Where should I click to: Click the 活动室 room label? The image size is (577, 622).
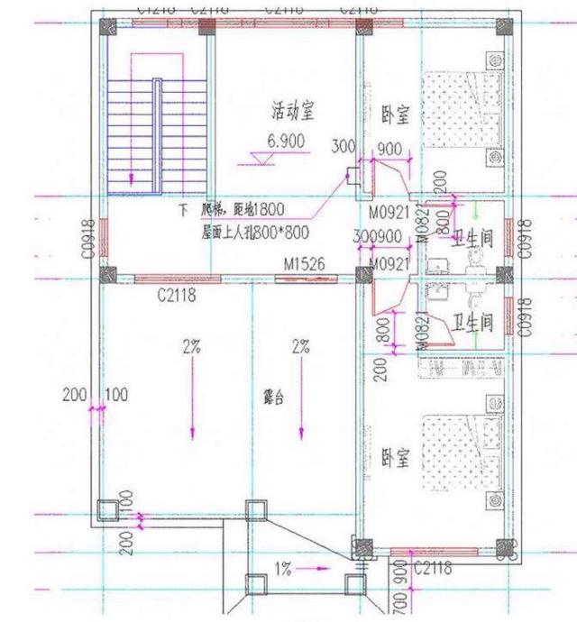[x=294, y=111]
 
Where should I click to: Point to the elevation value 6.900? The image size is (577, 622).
[x=286, y=141]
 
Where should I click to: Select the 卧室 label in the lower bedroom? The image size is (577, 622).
[x=394, y=459]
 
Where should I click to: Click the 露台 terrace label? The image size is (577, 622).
[x=274, y=397]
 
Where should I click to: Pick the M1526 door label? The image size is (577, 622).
[x=304, y=264]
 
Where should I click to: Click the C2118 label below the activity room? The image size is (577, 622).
[x=176, y=293]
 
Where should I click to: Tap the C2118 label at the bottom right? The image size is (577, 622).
[x=433, y=567]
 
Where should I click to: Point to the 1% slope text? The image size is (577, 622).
[x=284, y=569]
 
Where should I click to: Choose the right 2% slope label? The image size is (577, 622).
[x=300, y=345]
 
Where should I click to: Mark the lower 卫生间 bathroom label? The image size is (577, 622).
[x=472, y=322]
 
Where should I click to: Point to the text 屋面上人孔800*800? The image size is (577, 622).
[x=256, y=233]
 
